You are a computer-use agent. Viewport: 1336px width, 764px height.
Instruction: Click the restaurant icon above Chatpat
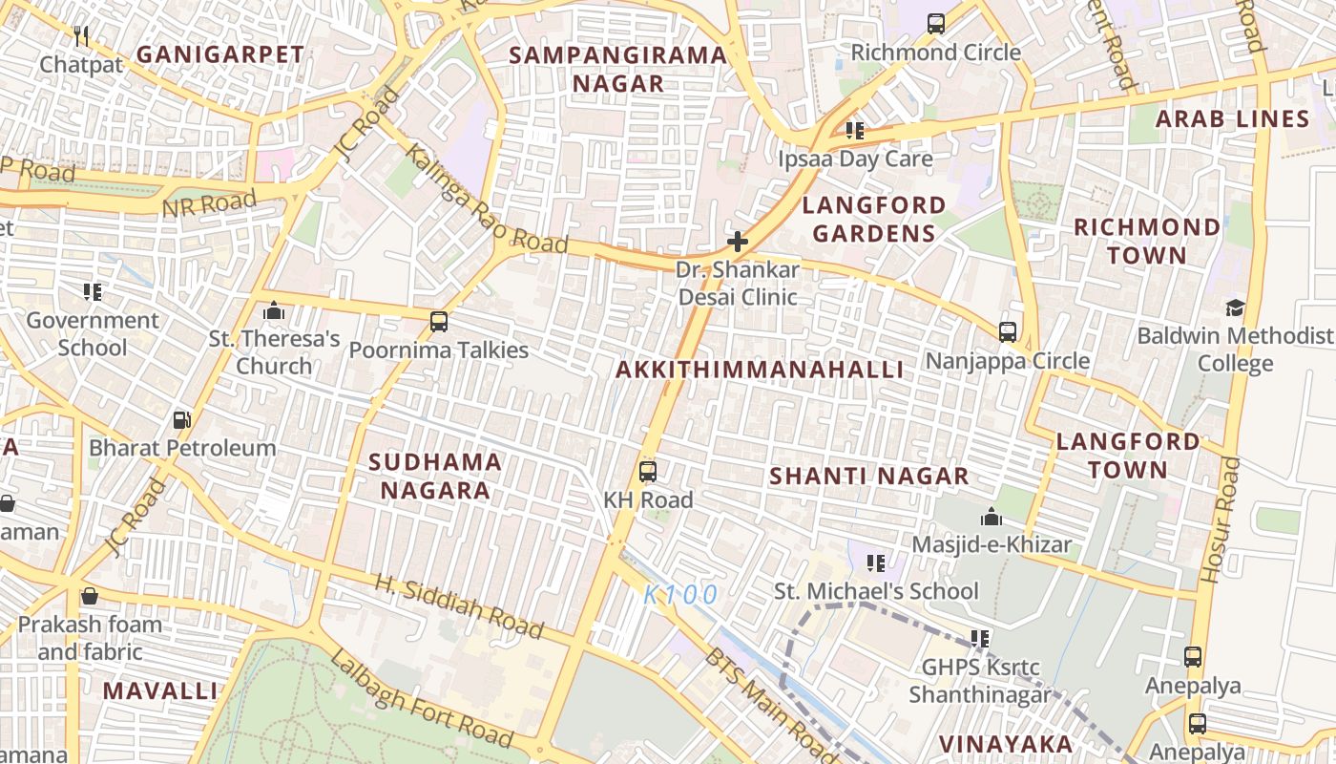pos(81,36)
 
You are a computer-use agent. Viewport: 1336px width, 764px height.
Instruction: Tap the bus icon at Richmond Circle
pos(936,24)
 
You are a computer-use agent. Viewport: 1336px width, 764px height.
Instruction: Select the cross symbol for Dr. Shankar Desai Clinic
pos(737,242)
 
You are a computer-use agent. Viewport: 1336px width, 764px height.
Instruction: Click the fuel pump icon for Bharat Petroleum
pos(181,419)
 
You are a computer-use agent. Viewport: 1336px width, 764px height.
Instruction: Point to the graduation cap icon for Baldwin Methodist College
pos(1236,308)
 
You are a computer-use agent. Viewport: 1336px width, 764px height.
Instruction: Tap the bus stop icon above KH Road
pos(648,471)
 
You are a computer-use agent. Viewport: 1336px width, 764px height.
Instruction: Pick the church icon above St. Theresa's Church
pos(274,310)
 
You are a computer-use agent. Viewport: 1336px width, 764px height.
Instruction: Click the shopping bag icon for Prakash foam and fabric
pos(90,597)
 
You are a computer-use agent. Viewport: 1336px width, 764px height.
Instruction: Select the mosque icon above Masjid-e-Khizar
pos(992,517)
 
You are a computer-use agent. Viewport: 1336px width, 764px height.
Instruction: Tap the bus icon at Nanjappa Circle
pos(1008,332)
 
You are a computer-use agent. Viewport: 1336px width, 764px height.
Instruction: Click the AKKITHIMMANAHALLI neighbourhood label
pos(760,370)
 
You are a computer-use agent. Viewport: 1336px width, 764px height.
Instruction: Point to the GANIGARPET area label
pos(219,54)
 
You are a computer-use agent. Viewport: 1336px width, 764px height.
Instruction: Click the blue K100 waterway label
pos(679,595)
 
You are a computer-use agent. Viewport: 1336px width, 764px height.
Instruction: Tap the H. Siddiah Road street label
pos(459,606)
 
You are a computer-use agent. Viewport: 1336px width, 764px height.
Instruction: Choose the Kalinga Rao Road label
pos(485,201)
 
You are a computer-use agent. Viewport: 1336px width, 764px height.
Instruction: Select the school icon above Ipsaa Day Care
pos(855,131)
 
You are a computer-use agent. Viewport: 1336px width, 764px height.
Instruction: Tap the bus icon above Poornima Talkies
pos(439,322)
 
